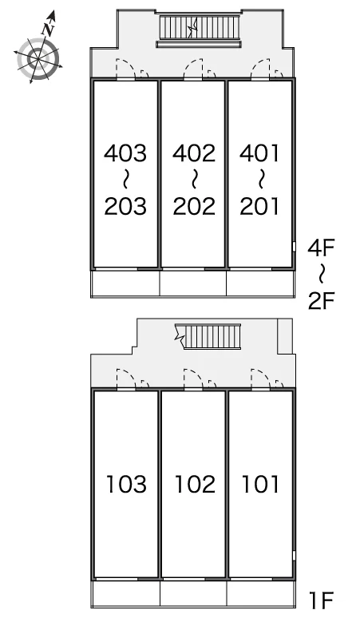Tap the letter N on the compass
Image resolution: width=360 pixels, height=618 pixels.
(x=48, y=29)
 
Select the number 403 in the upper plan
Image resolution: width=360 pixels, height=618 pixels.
(x=125, y=153)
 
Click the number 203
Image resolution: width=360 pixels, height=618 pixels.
(x=125, y=206)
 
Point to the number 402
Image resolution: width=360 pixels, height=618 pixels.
(x=194, y=153)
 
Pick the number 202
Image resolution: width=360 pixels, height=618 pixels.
(x=194, y=206)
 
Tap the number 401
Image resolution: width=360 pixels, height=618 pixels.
(x=259, y=153)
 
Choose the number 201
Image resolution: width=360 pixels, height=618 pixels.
(x=259, y=206)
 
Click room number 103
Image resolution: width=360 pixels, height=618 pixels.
(x=126, y=484)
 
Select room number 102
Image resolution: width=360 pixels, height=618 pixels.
(x=195, y=484)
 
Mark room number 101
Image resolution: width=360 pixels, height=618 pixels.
(x=260, y=484)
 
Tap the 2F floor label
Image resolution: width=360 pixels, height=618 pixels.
(x=321, y=301)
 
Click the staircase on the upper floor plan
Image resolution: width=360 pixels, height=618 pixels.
(x=200, y=27)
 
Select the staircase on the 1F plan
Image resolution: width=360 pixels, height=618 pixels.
(x=208, y=336)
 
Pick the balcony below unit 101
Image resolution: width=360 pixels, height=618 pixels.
(x=261, y=593)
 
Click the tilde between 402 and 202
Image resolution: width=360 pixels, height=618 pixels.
(x=194, y=180)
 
